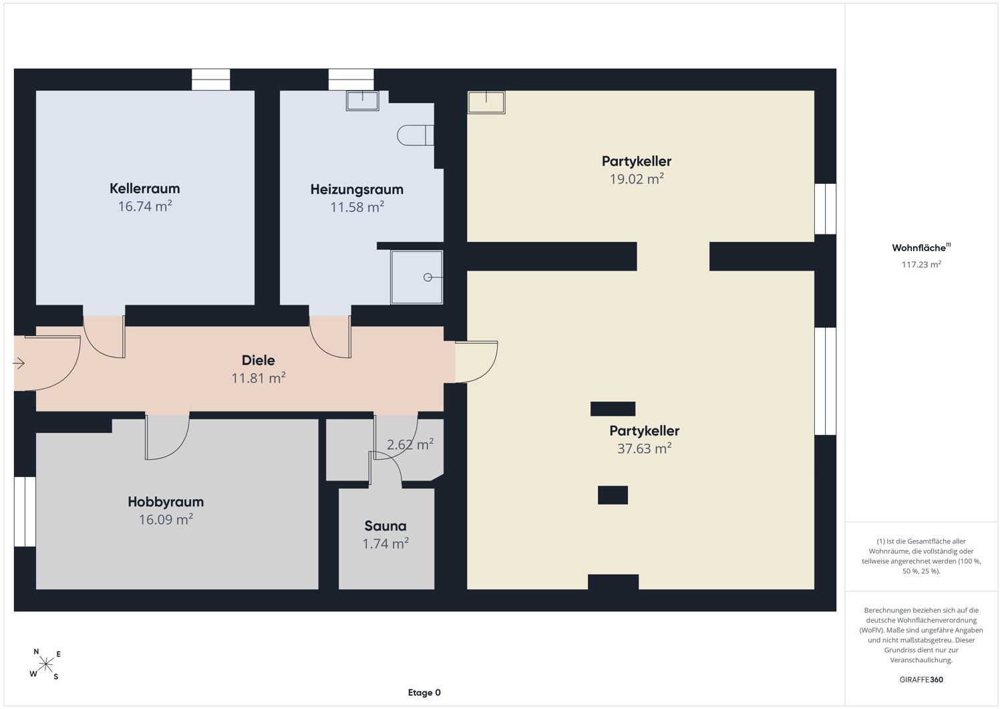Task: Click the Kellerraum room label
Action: tap(144, 188)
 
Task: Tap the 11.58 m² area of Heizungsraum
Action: tap(357, 206)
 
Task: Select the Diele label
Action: tap(258, 360)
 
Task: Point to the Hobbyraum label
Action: tap(166, 502)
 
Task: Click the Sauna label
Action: tap(385, 526)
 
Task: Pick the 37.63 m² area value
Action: tap(644, 448)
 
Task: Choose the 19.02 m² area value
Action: tap(637, 179)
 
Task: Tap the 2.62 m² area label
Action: tap(409, 444)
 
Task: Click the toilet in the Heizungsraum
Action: tap(415, 135)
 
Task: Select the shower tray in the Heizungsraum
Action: tap(416, 277)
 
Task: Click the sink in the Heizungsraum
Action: tap(362, 101)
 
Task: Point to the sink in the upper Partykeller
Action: tap(486, 102)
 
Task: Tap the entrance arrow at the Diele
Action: tap(18, 363)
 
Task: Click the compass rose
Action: tap(45, 664)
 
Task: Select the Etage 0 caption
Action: tap(424, 692)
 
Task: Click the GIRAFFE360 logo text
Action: tap(921, 680)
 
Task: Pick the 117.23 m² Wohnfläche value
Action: tap(921, 265)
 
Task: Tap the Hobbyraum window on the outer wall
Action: tap(25, 512)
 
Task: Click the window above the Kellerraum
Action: tap(210, 80)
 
